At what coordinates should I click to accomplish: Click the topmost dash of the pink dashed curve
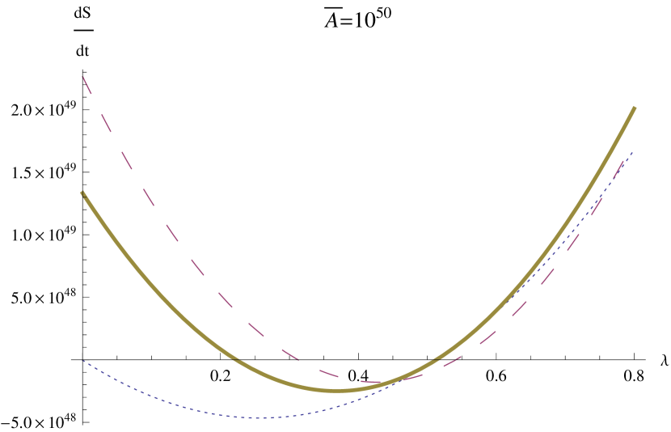87,86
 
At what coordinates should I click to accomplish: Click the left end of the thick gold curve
82,193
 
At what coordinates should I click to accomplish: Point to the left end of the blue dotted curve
83,361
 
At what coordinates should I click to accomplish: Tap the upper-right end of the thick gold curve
635,108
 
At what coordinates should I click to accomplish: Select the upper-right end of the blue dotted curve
632,152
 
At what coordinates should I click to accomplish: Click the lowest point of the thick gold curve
340,391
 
